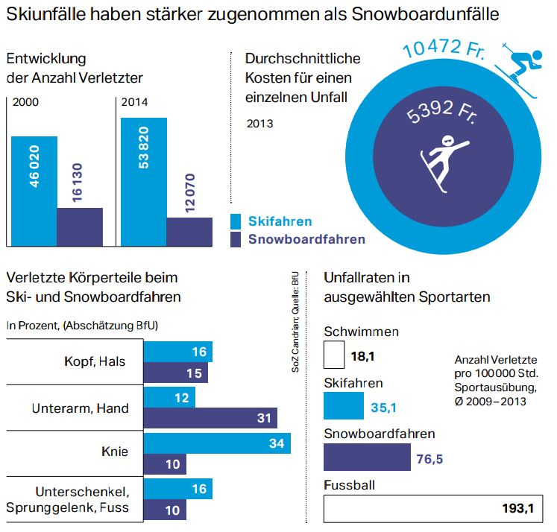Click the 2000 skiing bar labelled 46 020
(x=34, y=190)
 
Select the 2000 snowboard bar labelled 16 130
(x=80, y=227)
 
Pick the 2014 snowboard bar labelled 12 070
(x=189, y=231)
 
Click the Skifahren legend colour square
(x=236, y=221)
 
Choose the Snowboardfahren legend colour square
(x=236, y=239)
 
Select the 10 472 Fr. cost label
(x=444, y=50)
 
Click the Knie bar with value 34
(x=217, y=444)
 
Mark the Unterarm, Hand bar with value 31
(x=210, y=418)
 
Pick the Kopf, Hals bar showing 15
(x=176, y=373)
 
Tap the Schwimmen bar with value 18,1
(x=334, y=356)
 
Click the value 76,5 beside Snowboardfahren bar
(x=429, y=458)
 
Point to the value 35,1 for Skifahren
(x=385, y=408)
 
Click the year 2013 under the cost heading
(x=259, y=124)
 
